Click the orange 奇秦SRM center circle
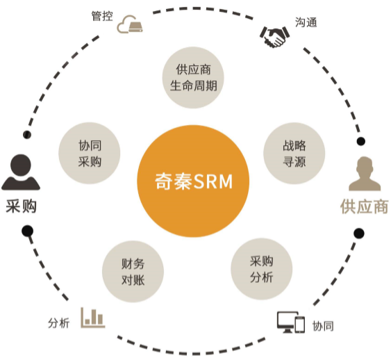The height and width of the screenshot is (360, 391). click(193, 181)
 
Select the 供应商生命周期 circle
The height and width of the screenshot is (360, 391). click(193, 78)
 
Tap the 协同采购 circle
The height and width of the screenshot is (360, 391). click(90, 153)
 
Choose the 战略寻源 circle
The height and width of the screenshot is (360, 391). click(294, 153)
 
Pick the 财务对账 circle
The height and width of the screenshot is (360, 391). click(133, 272)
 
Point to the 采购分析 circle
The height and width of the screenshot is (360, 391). click(262, 269)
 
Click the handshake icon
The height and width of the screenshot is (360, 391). click(274, 37)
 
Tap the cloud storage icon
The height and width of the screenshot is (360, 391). click(130, 24)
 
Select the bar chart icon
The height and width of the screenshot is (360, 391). click(93, 318)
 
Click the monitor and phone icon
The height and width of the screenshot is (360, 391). click(291, 322)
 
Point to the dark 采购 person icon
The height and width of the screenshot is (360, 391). click(21, 172)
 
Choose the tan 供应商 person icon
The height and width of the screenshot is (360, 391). click(365, 174)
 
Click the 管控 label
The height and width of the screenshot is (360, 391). click(102, 16)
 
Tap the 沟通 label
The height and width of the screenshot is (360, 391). click(306, 22)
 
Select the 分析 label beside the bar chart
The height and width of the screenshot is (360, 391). click(58, 323)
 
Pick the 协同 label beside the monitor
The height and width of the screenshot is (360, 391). click(323, 326)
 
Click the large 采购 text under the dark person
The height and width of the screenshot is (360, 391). click(22, 206)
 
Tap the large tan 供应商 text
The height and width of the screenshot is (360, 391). click(365, 206)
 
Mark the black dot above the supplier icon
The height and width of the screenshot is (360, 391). click(361, 142)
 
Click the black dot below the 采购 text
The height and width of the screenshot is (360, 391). click(27, 231)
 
